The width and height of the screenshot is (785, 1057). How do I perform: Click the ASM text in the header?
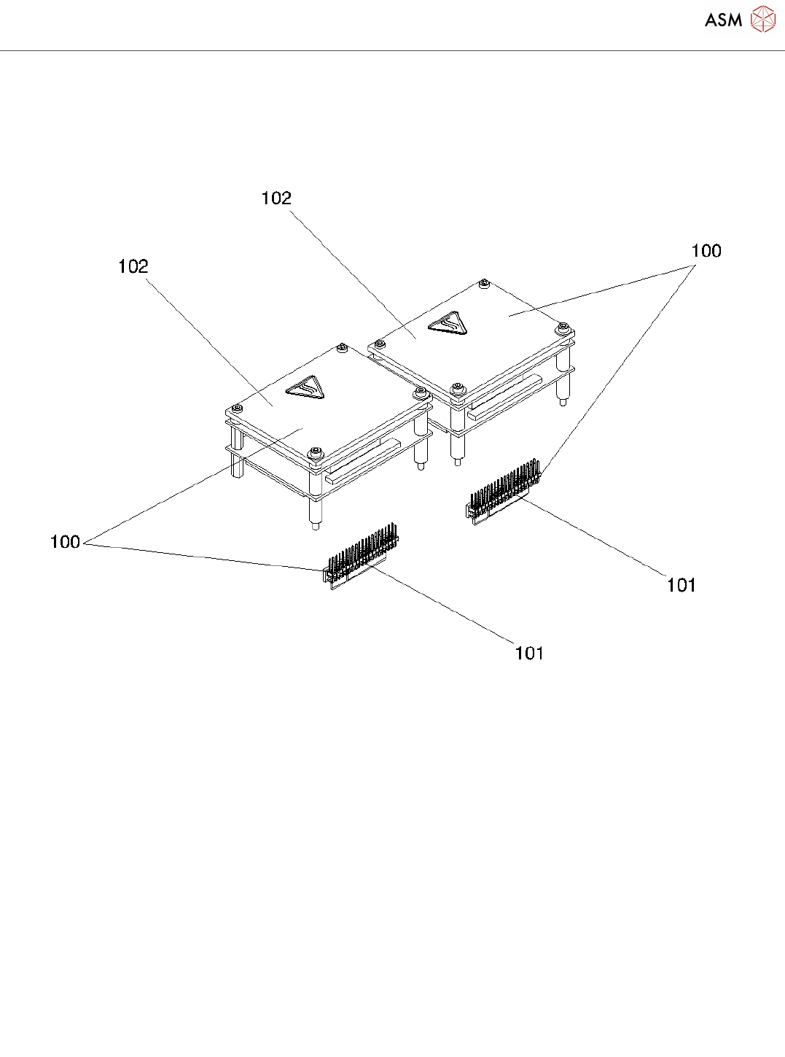(x=723, y=20)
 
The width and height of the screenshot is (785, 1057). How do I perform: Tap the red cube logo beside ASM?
(x=762, y=20)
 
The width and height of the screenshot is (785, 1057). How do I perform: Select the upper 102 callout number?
(x=276, y=198)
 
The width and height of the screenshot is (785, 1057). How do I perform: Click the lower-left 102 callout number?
(x=133, y=267)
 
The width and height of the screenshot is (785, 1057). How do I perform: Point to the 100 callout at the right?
(x=706, y=251)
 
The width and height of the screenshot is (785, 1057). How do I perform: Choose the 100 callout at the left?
(x=65, y=542)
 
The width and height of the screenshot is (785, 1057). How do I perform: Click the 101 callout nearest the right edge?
(x=681, y=585)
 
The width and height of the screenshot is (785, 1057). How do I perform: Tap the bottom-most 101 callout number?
(x=529, y=653)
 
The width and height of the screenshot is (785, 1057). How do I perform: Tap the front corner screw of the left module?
(x=315, y=454)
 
